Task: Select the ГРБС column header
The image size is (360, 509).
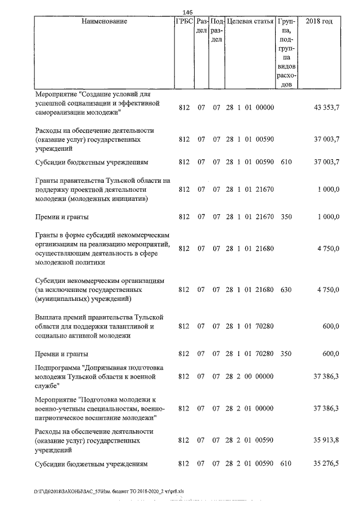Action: pos(184,21)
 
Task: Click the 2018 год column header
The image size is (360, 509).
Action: pos(318,21)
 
